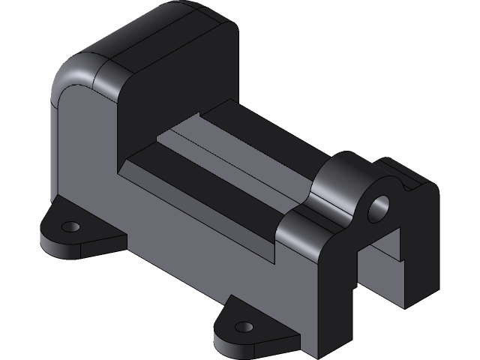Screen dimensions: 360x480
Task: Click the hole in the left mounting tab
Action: click(x=70, y=226)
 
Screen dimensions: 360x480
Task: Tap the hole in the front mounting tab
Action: click(x=244, y=327)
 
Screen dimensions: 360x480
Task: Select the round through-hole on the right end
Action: click(x=379, y=208)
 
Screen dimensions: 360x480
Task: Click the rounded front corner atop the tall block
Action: click(x=81, y=71)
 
